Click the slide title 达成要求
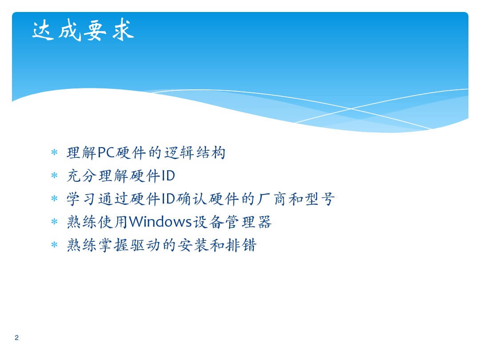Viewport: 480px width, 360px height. [83, 30]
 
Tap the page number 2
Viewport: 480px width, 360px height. [16, 338]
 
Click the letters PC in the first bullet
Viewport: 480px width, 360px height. [106, 152]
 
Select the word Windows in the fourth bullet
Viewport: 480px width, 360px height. [160, 222]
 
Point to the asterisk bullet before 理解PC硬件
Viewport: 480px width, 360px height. [54, 152]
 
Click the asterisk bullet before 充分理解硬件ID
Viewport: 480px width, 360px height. [54, 176]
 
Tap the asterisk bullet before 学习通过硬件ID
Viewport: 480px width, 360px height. [54, 199]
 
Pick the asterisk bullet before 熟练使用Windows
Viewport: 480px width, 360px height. [54, 222]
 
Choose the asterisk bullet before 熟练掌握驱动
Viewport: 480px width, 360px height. [54, 245]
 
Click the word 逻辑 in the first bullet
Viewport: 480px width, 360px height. [179, 152]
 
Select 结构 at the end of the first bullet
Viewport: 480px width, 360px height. [211, 152]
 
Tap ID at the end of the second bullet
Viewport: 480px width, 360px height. [168, 176]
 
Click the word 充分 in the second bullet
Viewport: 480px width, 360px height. [82, 176]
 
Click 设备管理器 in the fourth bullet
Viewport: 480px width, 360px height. [232, 222]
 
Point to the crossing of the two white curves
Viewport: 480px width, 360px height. [351, 108]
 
